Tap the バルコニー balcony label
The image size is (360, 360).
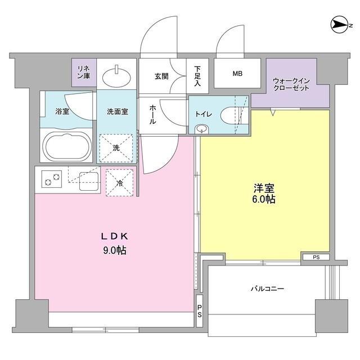[x=267, y=289]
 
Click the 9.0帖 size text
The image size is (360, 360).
[x=114, y=250]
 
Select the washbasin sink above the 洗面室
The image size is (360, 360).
[x=118, y=73]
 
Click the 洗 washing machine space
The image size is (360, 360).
[x=117, y=148]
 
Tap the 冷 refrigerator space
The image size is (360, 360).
[x=119, y=182]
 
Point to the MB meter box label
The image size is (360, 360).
[x=237, y=73]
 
